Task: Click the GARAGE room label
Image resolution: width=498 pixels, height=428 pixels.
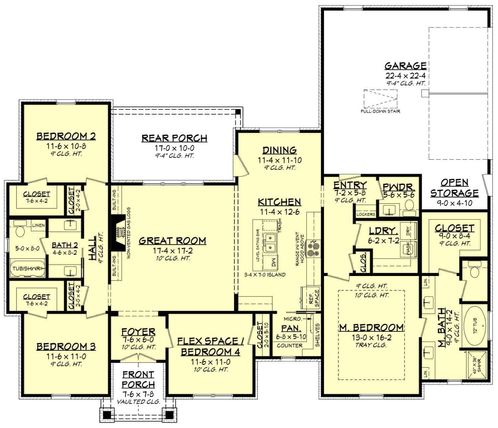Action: [405, 66]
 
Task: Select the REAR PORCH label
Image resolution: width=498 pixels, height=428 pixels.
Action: [174, 138]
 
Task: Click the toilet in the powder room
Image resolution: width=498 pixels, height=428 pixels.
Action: [410, 204]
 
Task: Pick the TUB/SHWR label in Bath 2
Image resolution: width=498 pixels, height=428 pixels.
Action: [27, 268]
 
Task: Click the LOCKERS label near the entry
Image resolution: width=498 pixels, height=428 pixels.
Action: [366, 214]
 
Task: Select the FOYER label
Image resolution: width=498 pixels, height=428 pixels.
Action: [138, 331]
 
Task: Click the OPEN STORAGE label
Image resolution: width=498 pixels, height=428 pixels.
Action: [454, 188]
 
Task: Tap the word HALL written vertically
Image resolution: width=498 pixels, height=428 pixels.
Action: [93, 246]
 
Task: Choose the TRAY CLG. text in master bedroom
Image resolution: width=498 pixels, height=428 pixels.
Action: [371, 345]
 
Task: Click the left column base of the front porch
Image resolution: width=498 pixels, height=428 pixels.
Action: [107, 414]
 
